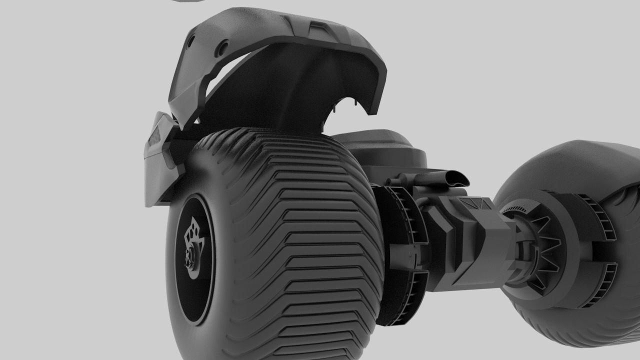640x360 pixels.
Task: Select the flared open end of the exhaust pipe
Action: tap(456, 177)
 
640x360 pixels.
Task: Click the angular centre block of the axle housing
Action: tap(480, 240)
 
